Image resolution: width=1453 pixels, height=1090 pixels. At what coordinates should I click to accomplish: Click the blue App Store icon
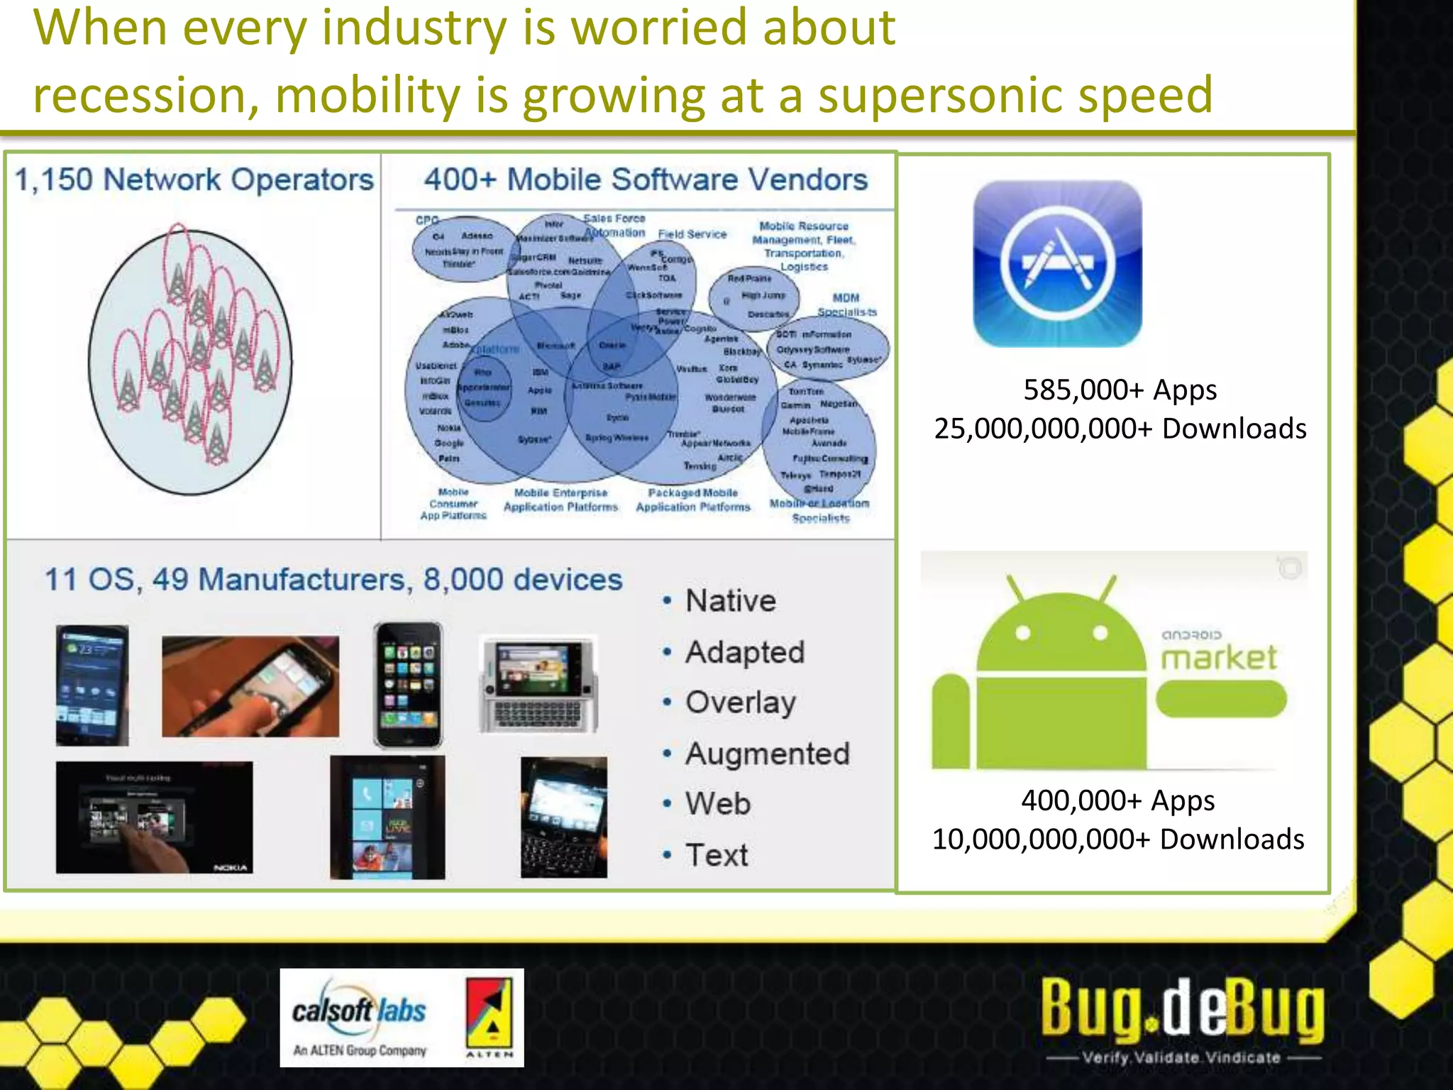(1057, 263)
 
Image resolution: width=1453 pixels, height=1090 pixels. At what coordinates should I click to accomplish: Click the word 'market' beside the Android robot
(1218, 658)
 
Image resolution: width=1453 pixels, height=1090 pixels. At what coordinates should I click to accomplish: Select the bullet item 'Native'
(730, 601)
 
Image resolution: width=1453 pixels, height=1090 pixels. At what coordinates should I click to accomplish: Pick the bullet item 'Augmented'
(767, 754)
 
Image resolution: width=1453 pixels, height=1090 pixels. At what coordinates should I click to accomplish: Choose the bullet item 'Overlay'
(740, 703)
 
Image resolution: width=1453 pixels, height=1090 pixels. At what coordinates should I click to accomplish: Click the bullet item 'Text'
(717, 855)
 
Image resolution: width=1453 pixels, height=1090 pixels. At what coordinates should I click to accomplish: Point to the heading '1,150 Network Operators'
(194, 180)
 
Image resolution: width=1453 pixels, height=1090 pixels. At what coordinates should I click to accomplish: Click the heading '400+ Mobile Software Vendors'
(646, 180)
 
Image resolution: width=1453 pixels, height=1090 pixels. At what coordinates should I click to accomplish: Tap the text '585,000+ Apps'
(1120, 390)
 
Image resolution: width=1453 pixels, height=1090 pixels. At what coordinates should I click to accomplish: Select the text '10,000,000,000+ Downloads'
(1117, 839)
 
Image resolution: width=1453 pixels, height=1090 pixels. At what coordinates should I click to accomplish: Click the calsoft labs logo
(360, 1018)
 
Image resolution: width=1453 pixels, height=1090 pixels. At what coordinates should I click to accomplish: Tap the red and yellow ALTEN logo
(489, 1018)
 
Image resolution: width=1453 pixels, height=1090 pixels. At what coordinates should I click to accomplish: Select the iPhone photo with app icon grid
(408, 685)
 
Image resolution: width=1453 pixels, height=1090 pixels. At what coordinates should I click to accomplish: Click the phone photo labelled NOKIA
(154, 817)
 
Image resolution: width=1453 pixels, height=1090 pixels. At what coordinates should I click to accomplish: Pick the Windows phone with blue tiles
(387, 817)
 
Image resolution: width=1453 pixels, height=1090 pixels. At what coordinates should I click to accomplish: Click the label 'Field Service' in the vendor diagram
(692, 234)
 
